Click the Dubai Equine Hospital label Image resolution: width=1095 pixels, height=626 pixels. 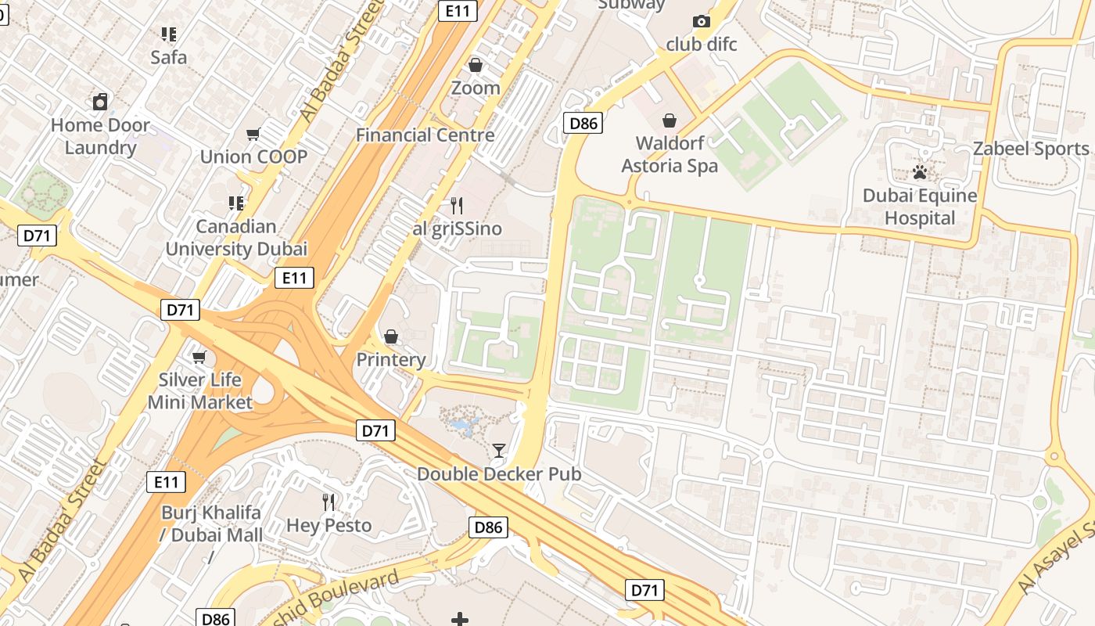[920, 207]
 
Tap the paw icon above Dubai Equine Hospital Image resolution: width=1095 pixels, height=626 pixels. [920, 171]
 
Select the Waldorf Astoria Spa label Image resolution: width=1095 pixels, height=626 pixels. [670, 154]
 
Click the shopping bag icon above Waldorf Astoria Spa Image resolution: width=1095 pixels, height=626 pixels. [670, 121]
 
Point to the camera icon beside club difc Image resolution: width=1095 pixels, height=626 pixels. [702, 22]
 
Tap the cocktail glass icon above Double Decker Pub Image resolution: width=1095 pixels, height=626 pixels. [498, 451]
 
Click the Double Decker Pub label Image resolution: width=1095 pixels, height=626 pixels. [498, 474]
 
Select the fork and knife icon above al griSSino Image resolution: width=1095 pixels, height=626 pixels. [457, 206]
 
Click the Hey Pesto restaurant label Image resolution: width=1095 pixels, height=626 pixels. [328, 525]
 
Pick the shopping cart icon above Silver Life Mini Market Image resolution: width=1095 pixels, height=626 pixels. [199, 357]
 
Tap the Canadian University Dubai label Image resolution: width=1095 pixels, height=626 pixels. [236, 238]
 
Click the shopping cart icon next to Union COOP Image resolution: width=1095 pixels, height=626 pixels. [253, 135]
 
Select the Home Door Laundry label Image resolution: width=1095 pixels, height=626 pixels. [100, 136]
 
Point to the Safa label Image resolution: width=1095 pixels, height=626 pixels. [169, 57]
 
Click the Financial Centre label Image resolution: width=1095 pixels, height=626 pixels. [425, 135]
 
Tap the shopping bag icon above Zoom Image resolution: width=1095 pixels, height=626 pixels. [475, 65]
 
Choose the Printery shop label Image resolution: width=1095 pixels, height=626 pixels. [391, 360]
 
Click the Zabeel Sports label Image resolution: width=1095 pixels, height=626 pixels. [1030, 149]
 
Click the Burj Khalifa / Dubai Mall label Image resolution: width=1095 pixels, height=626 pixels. [212, 523]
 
